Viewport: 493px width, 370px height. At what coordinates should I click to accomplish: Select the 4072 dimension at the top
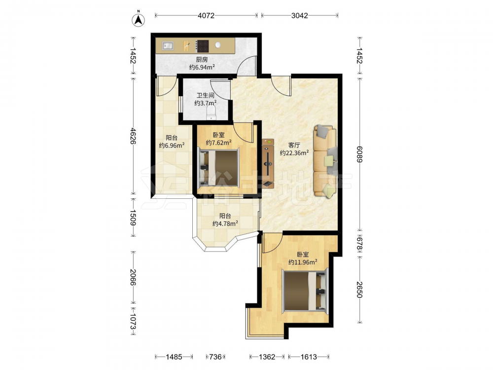pos(206,15)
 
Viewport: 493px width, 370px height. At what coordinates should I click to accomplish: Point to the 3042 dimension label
pos(299,15)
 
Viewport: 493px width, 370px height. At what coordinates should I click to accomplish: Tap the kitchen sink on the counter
pos(168,45)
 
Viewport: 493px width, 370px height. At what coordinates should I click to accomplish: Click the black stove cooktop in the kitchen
pos(202,46)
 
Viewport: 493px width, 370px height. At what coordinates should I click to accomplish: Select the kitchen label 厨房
pos(202,60)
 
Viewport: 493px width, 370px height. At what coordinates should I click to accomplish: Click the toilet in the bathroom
pos(211,112)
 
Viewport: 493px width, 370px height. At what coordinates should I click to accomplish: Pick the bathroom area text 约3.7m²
pos(205,103)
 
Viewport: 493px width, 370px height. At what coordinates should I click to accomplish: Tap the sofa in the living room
pos(325,162)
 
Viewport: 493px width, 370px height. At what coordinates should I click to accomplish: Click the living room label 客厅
pos(294,145)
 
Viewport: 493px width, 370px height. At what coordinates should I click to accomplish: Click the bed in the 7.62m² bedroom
pos(219,168)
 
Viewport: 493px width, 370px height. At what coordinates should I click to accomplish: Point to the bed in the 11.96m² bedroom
pos(305,291)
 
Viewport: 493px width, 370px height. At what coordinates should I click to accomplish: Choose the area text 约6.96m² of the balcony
pos(172,146)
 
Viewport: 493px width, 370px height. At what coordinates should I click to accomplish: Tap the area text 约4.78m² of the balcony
pos(225,223)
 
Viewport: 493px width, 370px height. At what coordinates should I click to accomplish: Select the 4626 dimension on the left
pos(133,136)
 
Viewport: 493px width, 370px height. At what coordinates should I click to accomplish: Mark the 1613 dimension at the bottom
pos(309,357)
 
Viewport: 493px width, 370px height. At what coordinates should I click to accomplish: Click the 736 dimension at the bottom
pos(215,357)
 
